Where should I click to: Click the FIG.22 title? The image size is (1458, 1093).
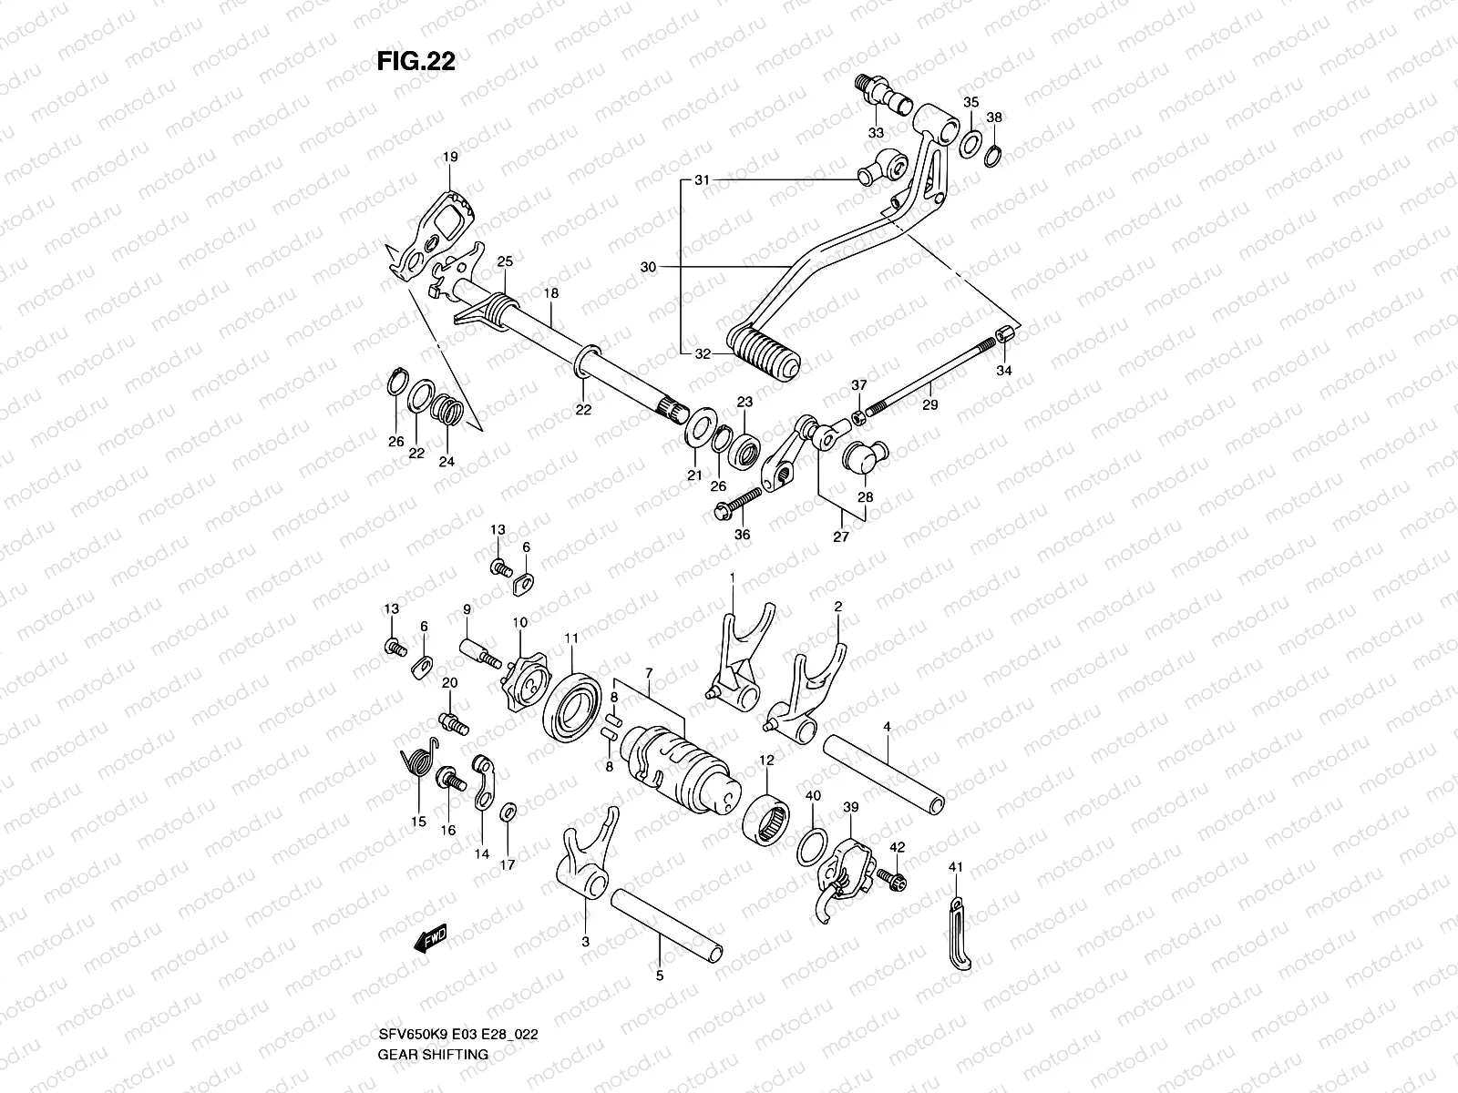point(416,60)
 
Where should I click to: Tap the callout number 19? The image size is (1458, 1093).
point(450,157)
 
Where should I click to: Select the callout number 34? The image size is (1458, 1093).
point(1003,371)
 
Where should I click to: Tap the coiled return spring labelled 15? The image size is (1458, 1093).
point(418,767)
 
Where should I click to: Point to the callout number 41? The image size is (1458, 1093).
point(955,866)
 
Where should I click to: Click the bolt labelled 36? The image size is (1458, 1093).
point(739,504)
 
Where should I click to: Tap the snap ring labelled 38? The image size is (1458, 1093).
point(995,154)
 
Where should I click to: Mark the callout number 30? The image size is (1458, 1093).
point(648,267)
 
